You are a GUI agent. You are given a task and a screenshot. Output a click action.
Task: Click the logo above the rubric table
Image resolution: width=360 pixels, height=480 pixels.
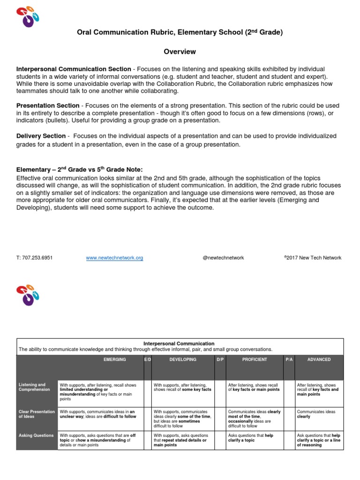tap(28, 295)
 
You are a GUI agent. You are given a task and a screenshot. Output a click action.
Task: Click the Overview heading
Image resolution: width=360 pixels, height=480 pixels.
tap(180, 52)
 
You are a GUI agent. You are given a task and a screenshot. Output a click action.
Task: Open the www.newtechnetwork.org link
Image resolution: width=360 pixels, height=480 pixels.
tap(114, 258)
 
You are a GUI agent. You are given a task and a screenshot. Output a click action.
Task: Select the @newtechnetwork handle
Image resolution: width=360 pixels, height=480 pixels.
tap(223, 258)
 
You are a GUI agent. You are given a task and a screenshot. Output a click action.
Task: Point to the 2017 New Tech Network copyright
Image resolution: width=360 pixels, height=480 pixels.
tap(313, 258)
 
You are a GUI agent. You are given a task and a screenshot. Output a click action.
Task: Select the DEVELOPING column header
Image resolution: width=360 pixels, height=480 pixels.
tap(183, 360)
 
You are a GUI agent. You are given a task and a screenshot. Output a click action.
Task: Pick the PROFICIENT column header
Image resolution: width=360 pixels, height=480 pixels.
tap(255, 360)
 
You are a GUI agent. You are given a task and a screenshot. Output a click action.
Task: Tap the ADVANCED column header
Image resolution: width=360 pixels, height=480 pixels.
tap(319, 360)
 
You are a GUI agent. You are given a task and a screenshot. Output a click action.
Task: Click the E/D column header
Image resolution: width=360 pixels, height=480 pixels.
tap(147, 360)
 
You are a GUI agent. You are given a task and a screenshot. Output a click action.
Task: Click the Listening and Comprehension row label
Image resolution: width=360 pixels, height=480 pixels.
tap(32, 387)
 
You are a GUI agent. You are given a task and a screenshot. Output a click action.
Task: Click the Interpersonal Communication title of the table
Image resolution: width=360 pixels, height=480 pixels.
tap(180, 344)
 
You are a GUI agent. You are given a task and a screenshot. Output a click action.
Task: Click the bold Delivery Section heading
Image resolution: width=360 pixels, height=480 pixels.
tap(41, 136)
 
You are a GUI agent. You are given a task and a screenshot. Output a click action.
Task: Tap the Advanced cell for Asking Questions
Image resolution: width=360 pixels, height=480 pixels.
tap(319, 440)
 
